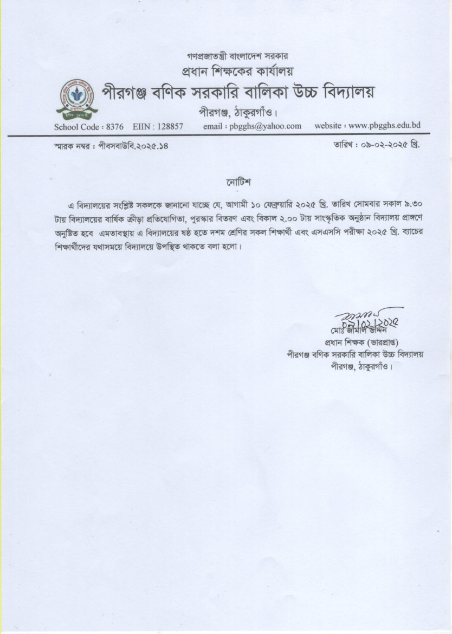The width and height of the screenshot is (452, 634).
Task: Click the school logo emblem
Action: coord(76,98)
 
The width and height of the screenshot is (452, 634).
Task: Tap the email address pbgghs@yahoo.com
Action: coord(265,126)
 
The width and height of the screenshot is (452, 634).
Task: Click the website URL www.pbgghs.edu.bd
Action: coord(385,126)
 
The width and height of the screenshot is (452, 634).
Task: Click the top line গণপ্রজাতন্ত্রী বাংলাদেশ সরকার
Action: coord(237,56)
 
